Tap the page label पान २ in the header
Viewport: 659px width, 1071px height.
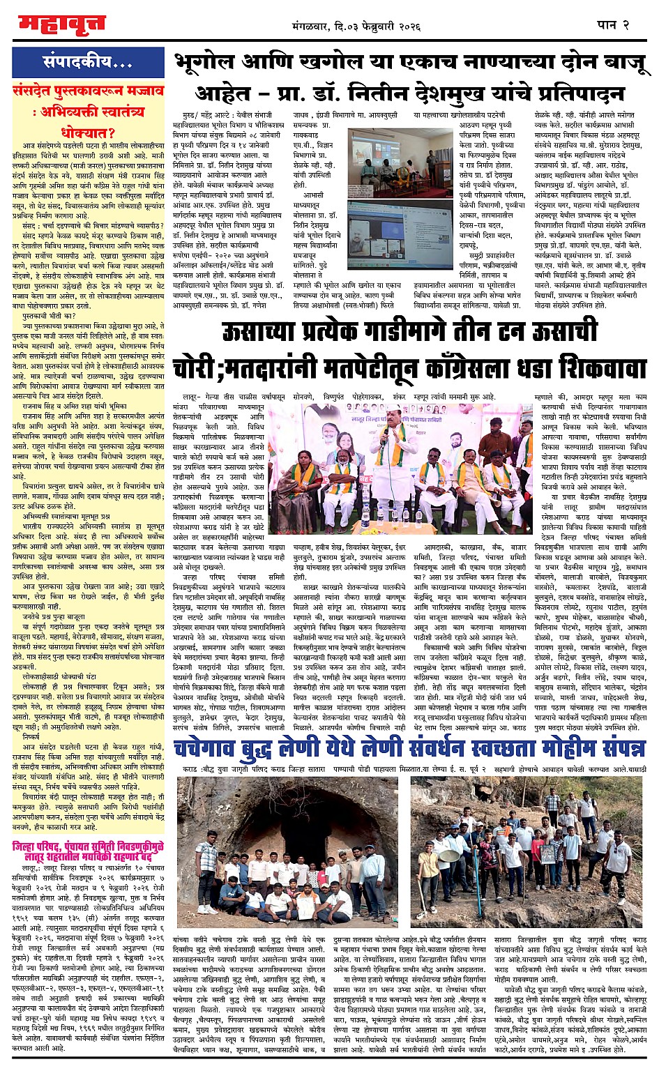[614, 25]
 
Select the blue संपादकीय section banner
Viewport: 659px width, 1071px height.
[89, 63]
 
